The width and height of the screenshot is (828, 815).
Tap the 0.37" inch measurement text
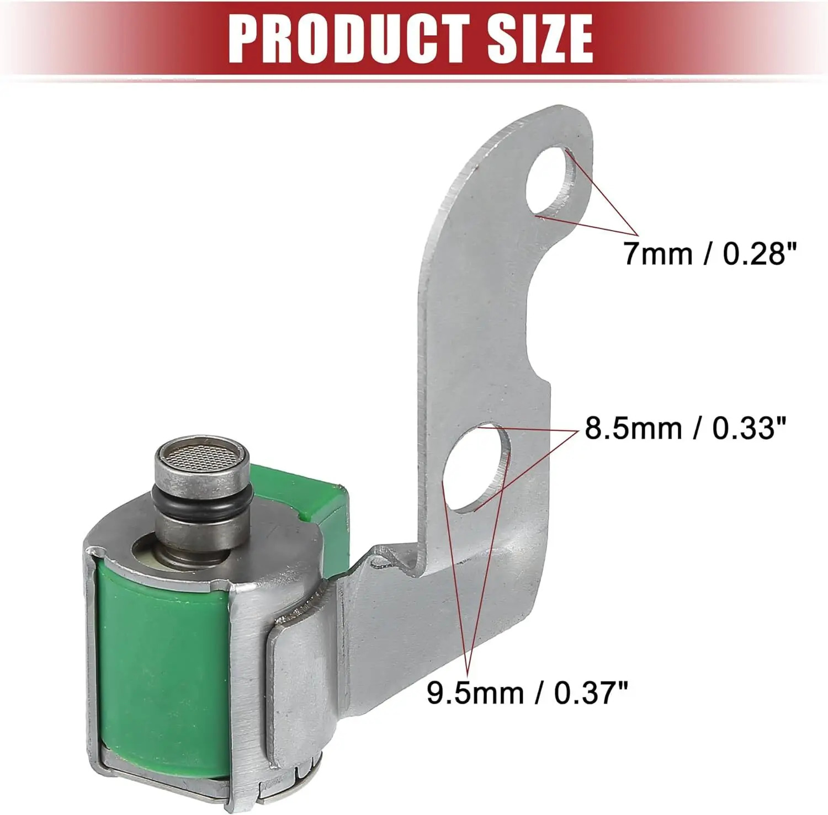[x=591, y=693]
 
